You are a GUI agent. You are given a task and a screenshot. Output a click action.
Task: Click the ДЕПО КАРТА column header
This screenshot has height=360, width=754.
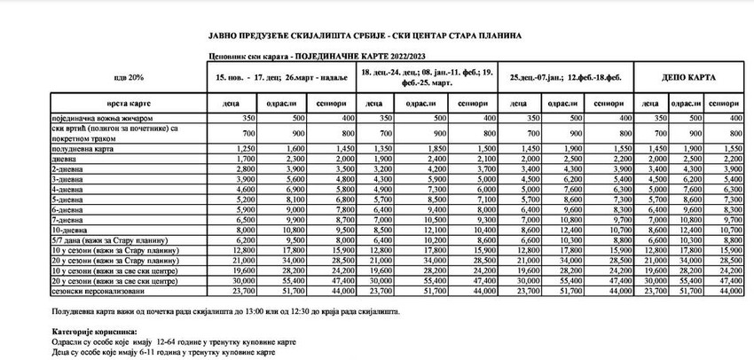coord(689,77)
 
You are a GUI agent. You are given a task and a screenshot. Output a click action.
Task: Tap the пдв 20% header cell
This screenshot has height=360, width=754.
coord(128,77)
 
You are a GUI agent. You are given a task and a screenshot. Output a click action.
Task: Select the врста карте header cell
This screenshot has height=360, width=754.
coord(129,105)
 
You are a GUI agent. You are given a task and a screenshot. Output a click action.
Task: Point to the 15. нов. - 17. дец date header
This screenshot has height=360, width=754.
coord(281,77)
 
